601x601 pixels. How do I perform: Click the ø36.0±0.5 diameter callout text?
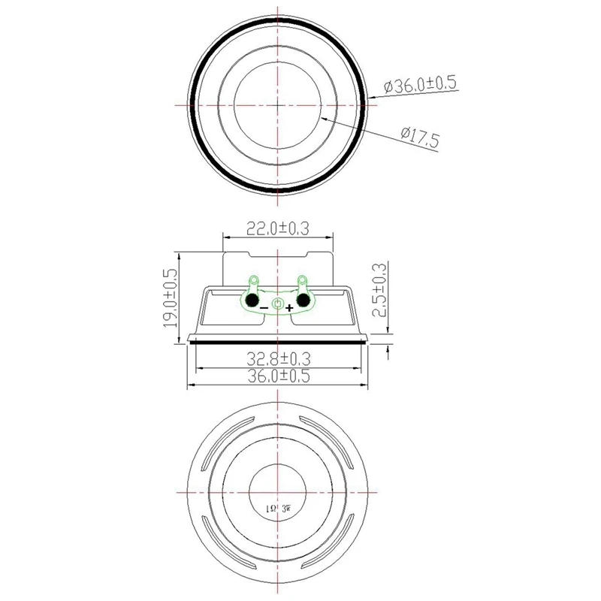coord(421,85)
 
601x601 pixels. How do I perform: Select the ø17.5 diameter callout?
coord(420,136)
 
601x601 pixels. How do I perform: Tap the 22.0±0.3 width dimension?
coord(279,225)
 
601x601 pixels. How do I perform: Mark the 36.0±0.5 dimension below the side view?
coord(279,377)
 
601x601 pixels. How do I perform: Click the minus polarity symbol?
coord(264,307)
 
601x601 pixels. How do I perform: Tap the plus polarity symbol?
coord(291,307)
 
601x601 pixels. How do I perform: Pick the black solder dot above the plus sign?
coord(304,300)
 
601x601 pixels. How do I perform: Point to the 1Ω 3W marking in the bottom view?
coord(278,509)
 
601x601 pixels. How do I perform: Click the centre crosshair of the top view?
coord(278,105)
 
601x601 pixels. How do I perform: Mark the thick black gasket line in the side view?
coord(278,340)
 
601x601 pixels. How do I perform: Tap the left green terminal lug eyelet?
coord(253,281)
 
